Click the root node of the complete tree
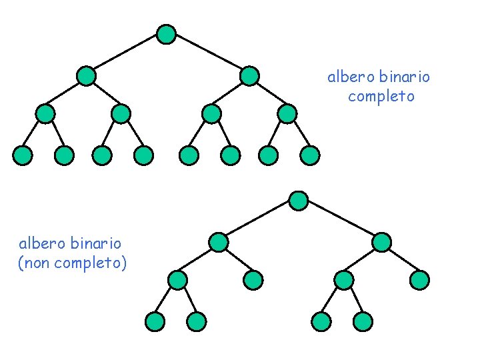click(x=166, y=34)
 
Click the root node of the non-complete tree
click(x=299, y=200)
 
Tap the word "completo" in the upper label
click(x=381, y=96)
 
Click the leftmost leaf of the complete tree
click(x=23, y=156)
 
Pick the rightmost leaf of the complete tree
click(x=310, y=156)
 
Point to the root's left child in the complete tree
click(x=86, y=76)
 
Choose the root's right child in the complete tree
click(x=249, y=76)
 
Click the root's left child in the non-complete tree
click(x=218, y=242)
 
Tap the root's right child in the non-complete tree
click(x=381, y=242)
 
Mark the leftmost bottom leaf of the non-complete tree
click(x=155, y=322)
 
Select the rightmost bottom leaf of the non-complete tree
click(x=363, y=322)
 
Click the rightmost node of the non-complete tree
click(x=419, y=280)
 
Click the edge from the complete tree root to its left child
click(x=126, y=55)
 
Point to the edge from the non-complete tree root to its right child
click(x=340, y=221)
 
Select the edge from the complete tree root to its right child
click(x=207, y=55)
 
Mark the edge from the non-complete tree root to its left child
click(x=259, y=221)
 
